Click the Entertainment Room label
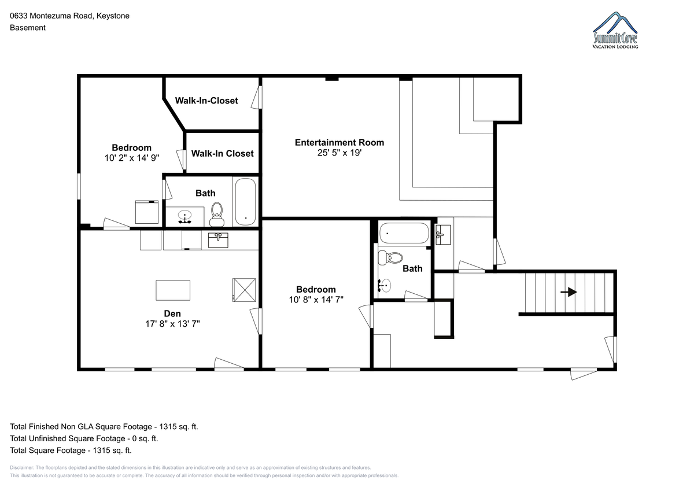(339, 142)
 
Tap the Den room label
(172, 313)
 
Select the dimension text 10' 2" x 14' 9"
(132, 158)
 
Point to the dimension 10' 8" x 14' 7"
(316, 300)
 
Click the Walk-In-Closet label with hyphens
(206, 101)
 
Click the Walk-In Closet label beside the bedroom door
(222, 153)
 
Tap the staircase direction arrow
(569, 292)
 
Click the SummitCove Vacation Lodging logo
(615, 30)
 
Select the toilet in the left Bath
(217, 215)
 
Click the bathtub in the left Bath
(245, 202)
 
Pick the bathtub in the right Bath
(404, 233)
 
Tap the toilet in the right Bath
(390, 258)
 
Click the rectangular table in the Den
(173, 290)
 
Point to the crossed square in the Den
(244, 290)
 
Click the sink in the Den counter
(218, 241)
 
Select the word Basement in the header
(28, 28)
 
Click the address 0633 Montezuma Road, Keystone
(70, 16)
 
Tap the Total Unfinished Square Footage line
(84, 438)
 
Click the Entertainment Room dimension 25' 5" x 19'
(339, 153)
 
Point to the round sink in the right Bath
(385, 285)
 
